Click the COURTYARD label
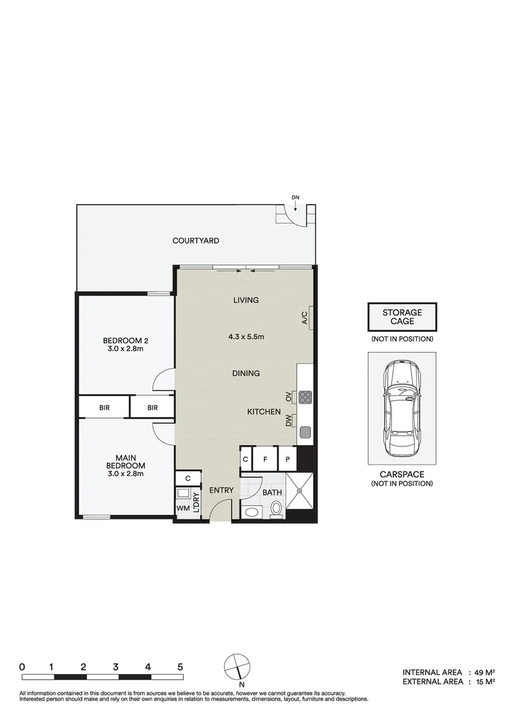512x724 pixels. tap(195, 241)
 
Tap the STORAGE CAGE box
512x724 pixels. tap(402, 317)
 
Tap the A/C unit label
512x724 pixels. tap(304, 317)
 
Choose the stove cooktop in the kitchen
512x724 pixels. tap(305, 397)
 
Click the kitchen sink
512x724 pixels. tap(305, 432)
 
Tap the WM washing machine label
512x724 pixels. tap(183, 509)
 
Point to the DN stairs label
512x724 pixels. tap(295, 197)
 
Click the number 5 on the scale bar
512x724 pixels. tap(181, 667)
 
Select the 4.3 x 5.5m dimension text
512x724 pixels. tap(246, 337)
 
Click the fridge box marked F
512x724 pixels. tap(265, 459)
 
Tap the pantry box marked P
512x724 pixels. tap(287, 459)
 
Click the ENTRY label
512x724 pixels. tap(221, 491)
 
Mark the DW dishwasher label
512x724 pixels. tap(289, 421)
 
